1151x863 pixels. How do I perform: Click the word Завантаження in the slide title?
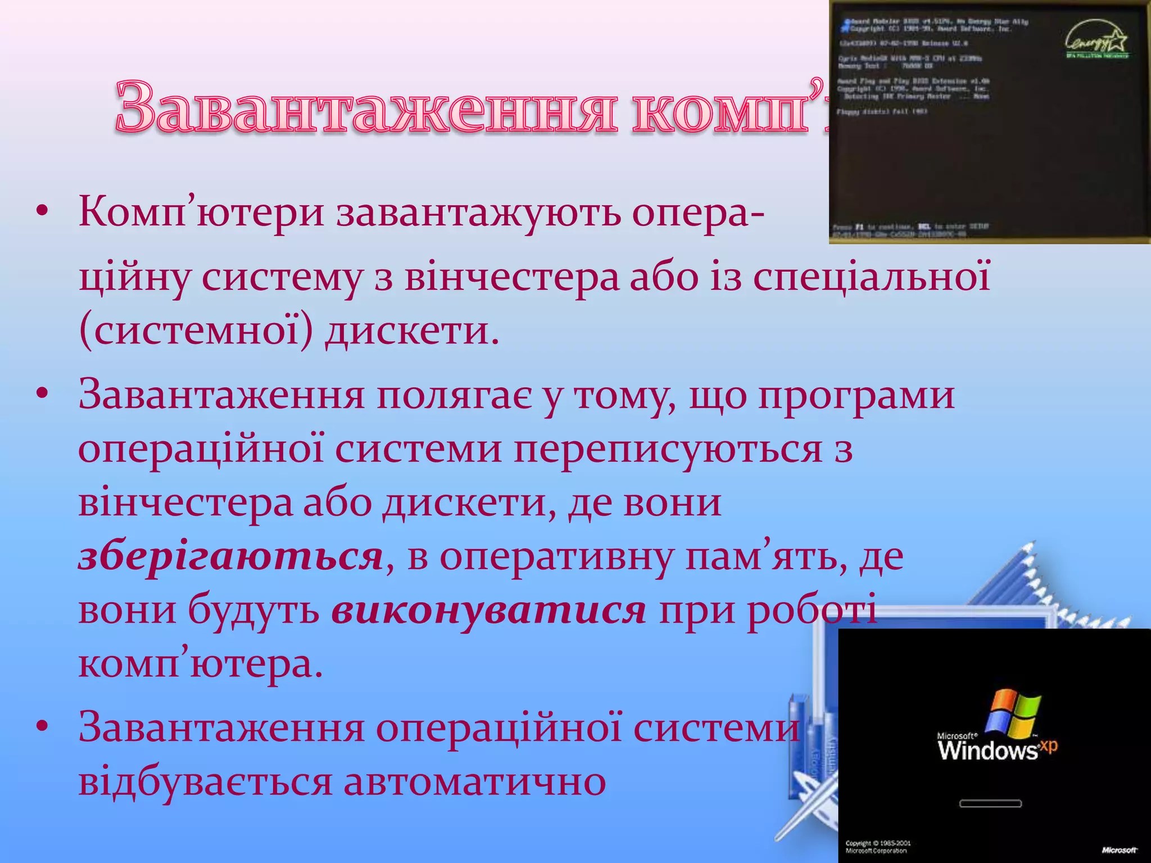(365, 107)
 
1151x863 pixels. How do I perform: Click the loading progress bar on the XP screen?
(990, 803)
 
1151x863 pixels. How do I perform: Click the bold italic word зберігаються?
(230, 557)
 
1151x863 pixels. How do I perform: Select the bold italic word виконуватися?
(488, 611)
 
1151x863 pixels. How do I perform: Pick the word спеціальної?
(871, 278)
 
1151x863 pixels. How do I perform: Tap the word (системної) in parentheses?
(196, 331)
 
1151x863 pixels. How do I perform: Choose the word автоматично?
(474, 782)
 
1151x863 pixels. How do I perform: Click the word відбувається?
(205, 782)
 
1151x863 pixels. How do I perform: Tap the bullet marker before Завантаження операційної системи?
(43, 728)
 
